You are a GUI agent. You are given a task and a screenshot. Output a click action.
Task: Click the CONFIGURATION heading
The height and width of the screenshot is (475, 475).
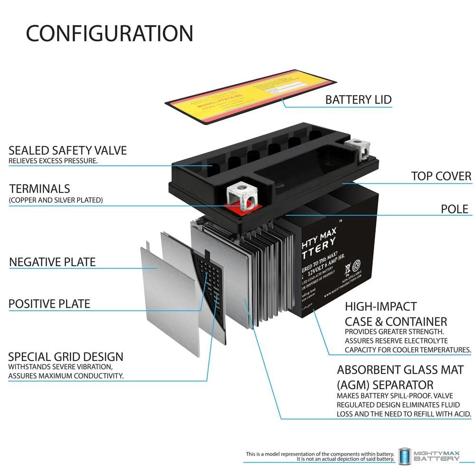pos(109,33)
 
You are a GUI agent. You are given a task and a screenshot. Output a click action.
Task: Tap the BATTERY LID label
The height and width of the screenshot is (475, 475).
pos(358,100)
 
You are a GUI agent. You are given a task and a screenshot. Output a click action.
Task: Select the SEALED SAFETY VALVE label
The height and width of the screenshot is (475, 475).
pos(67,151)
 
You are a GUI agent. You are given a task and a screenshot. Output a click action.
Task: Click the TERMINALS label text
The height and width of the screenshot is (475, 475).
pos(39,189)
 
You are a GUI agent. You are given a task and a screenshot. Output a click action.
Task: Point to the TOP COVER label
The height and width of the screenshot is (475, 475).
pos(441,176)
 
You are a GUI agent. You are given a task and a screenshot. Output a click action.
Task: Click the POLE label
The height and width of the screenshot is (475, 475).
pos(454,209)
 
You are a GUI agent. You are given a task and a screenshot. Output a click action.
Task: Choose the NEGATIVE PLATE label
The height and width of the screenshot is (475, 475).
pos(52,262)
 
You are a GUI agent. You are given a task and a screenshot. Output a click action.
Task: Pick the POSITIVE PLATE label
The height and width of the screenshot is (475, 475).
pos(49,304)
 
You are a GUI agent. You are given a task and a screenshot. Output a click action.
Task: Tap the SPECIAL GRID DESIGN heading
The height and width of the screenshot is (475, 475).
pos(66,357)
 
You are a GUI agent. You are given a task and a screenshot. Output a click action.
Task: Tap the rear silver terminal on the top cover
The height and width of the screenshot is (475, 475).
pos(359,148)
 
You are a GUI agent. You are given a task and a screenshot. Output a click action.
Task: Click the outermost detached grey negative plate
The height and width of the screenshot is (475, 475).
pos(169,299)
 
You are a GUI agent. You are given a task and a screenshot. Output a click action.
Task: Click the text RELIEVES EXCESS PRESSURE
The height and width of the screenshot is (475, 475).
pos(53,161)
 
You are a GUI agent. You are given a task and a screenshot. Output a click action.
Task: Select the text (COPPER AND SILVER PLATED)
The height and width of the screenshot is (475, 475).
pos(56,200)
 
